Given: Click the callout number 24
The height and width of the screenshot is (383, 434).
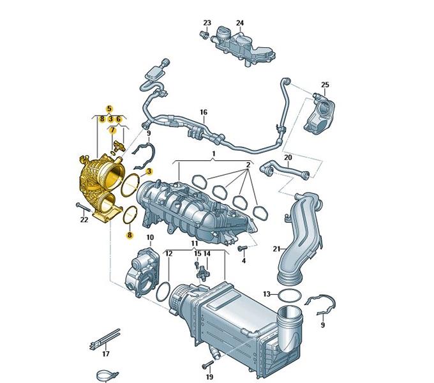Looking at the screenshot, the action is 240,23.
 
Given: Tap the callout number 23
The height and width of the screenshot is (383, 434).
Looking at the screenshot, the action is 207,23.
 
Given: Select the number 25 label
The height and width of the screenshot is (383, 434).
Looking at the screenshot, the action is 325,85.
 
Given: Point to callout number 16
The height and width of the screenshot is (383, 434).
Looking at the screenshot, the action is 204,112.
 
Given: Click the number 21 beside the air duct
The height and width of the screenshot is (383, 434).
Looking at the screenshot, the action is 276,249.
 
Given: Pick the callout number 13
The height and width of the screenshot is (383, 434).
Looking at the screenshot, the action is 267,294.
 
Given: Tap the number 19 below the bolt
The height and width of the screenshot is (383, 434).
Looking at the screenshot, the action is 209,377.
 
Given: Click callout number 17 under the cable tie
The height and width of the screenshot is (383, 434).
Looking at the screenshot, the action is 106,354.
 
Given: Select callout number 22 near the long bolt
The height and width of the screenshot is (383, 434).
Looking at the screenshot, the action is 84,220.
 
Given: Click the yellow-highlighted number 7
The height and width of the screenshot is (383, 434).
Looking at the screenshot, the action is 112,130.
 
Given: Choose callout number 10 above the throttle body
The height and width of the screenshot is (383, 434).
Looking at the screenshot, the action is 150,237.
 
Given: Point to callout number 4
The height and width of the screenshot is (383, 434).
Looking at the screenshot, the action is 244,260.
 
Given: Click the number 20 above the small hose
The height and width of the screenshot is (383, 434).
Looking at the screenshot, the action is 288,158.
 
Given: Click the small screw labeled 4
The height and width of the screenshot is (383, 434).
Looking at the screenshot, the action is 242,248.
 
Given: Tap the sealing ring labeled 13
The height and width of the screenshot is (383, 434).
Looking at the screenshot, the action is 289,296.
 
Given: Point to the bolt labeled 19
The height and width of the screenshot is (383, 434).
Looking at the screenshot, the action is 207,364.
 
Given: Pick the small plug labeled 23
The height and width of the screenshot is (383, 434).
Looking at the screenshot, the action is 204,35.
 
